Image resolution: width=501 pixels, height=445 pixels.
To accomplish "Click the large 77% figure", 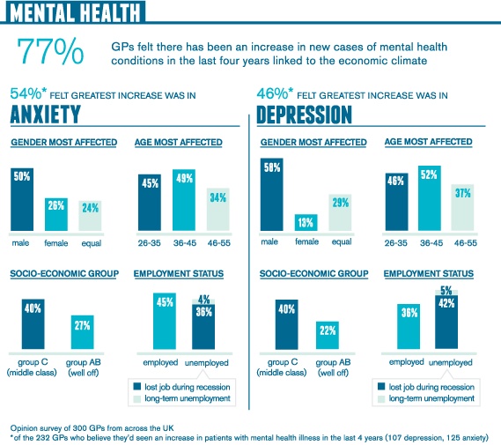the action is [x=50, y=51].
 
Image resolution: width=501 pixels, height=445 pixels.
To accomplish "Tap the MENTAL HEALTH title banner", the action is [x=76, y=11].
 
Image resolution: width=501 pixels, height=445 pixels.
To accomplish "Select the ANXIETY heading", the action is [x=46, y=115].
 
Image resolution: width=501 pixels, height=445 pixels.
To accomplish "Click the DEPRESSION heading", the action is [x=304, y=115].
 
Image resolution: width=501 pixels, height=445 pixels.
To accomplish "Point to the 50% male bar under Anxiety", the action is [x=22, y=199].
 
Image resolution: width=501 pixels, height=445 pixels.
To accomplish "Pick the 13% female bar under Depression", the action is [x=306, y=222].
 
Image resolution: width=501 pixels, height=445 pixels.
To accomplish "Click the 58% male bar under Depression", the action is [x=271, y=195].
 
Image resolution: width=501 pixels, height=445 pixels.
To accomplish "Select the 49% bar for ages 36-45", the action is [x=184, y=200].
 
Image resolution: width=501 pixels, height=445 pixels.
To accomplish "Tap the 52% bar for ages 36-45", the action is [x=430, y=198].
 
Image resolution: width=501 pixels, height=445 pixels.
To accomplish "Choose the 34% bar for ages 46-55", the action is [x=218, y=210].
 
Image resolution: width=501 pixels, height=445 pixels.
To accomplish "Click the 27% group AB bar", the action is [x=83, y=332].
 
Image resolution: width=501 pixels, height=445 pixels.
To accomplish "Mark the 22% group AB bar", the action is [x=328, y=336].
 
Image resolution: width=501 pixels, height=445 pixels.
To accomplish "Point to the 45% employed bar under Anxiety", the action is [x=165, y=321].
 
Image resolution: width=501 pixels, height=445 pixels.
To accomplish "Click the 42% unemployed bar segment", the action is [x=446, y=322].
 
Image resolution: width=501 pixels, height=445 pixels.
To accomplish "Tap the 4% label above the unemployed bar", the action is [x=203, y=300].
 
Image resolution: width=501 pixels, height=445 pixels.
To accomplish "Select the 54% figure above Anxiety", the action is [x=26, y=93].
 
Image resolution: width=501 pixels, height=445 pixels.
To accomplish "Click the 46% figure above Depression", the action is [x=273, y=93].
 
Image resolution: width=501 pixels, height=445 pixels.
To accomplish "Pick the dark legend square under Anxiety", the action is [x=137, y=387].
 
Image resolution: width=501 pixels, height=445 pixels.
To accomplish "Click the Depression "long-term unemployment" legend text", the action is [x=431, y=398].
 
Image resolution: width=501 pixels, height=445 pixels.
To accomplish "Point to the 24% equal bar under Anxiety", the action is [x=90, y=216].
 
